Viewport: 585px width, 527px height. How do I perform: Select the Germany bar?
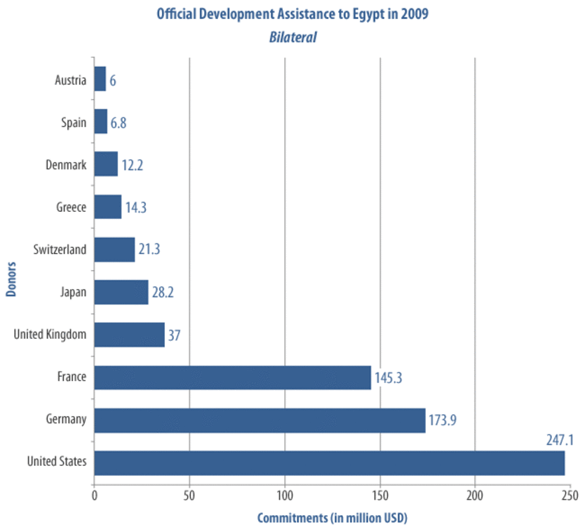coord(259,420)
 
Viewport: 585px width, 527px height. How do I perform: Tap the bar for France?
coord(232,378)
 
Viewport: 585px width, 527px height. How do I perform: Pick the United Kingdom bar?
coord(129,335)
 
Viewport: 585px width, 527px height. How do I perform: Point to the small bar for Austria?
coord(100,79)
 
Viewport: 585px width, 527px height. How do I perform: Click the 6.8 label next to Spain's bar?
coord(118,123)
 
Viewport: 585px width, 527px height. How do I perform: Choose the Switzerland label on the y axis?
coord(60,250)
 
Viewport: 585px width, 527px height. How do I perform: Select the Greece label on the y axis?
coord(71,208)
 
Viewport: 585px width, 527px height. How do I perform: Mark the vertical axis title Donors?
coord(12,279)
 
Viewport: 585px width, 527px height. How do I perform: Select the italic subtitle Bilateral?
coord(292,37)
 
